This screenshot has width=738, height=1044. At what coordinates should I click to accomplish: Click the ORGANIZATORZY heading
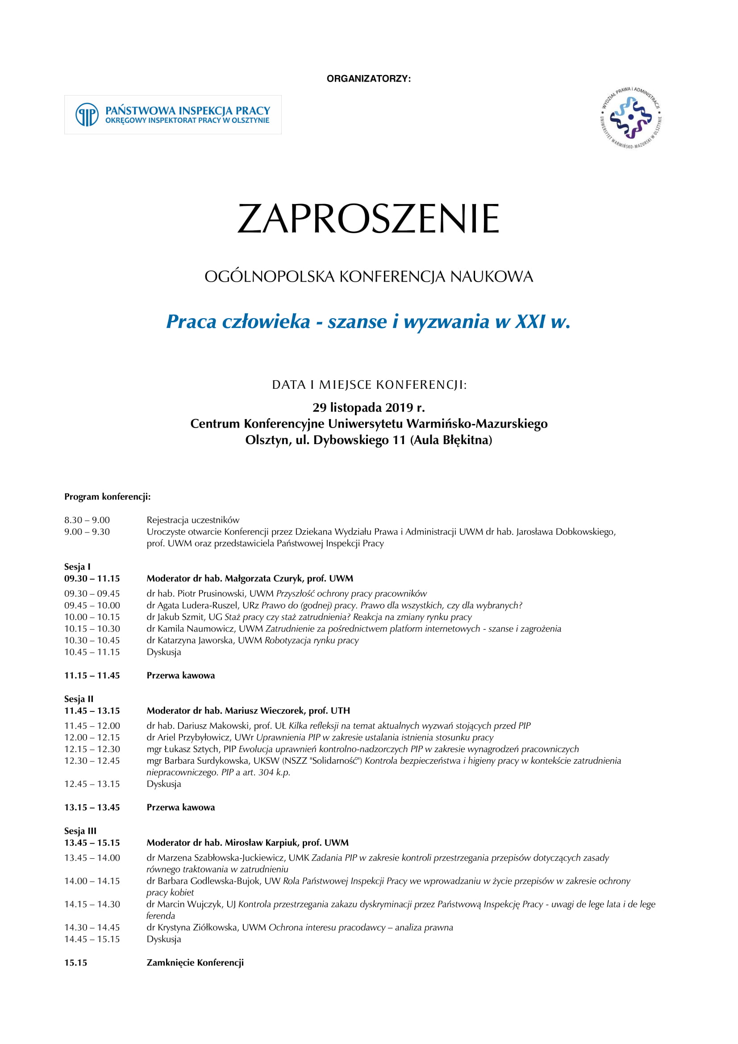pyautogui.click(x=368, y=79)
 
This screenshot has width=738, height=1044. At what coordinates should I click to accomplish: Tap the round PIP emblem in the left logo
pyautogui.click(x=87, y=115)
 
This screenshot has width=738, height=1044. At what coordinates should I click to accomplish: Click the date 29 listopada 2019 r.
pyautogui.click(x=368, y=408)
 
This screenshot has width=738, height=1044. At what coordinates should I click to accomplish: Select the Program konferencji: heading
pyautogui.click(x=107, y=496)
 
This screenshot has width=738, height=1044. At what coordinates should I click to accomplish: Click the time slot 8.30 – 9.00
pyautogui.click(x=87, y=520)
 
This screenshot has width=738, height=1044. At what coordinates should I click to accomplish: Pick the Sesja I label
pyautogui.click(x=77, y=566)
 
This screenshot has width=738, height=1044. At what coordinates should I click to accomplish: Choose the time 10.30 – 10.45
pyautogui.click(x=92, y=640)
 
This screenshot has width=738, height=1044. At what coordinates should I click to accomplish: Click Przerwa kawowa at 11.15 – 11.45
pyautogui.click(x=180, y=675)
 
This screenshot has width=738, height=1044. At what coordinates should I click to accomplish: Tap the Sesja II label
pyautogui.click(x=79, y=699)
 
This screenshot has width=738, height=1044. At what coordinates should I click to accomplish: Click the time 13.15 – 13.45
pyautogui.click(x=92, y=807)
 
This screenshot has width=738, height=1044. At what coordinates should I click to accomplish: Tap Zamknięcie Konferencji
pyautogui.click(x=195, y=962)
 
